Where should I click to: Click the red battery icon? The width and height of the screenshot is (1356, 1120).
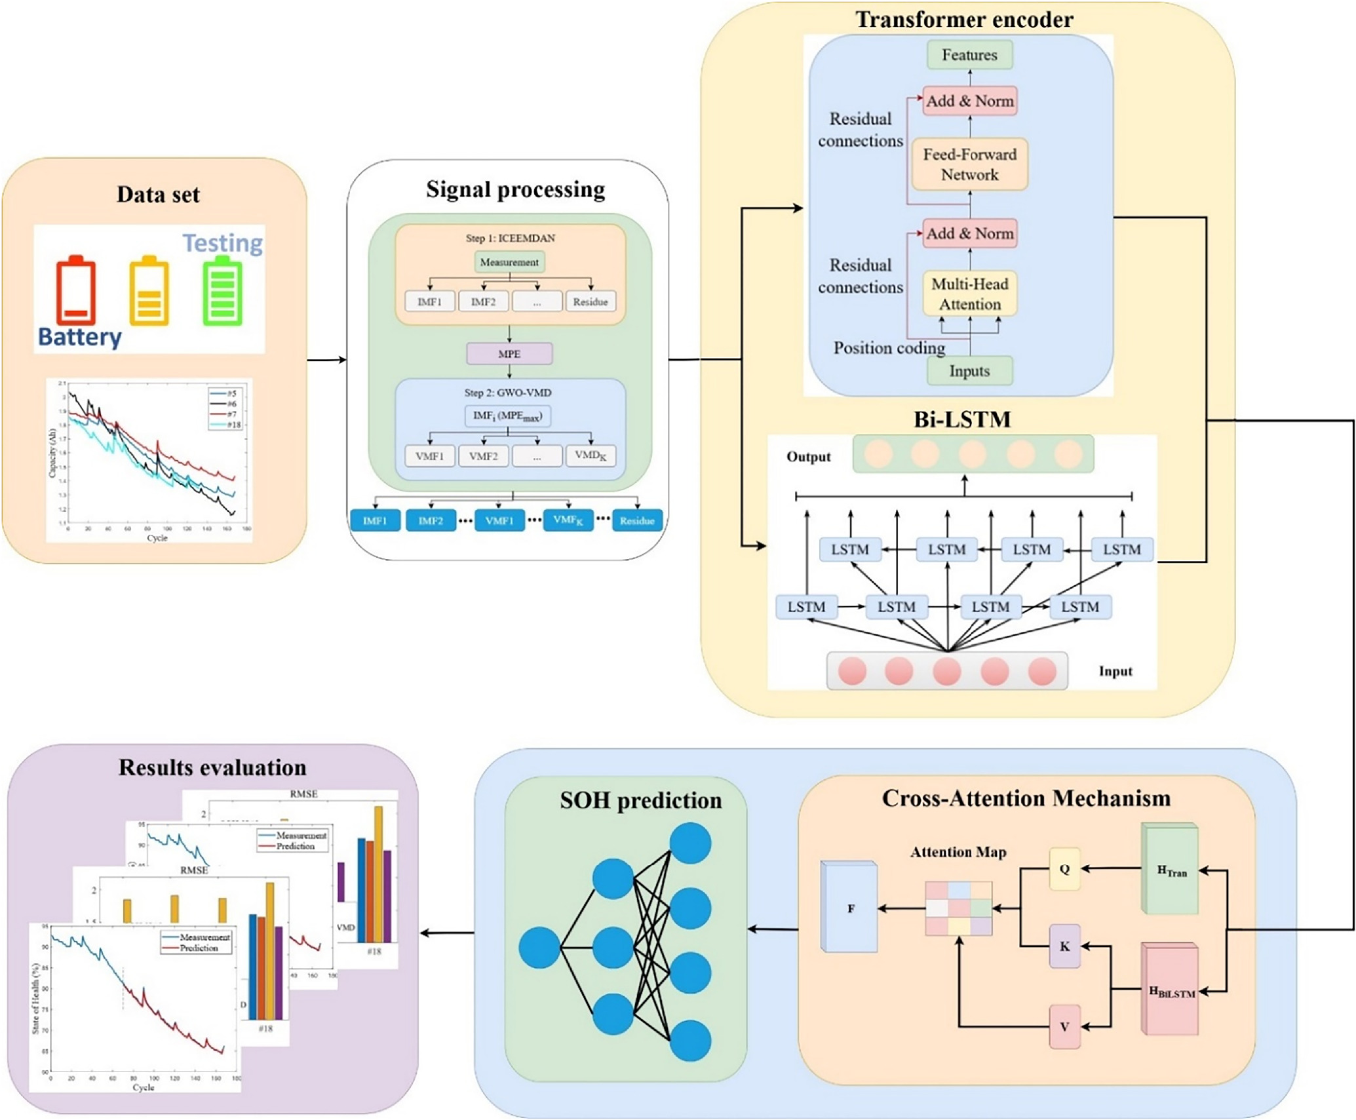[75, 291]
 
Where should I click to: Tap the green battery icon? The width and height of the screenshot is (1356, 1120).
[222, 291]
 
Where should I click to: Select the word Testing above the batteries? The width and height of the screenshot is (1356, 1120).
[222, 243]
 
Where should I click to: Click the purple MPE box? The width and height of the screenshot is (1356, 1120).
[509, 354]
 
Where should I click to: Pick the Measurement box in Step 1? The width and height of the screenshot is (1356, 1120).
[509, 262]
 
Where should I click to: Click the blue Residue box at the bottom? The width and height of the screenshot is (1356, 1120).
[637, 521]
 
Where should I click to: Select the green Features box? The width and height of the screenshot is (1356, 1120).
[969, 55]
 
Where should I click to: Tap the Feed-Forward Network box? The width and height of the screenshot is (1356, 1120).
[969, 164]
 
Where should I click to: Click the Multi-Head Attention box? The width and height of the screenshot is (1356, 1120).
[969, 294]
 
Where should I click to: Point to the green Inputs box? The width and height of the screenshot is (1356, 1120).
[969, 371]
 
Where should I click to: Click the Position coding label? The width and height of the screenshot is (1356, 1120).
[889, 348]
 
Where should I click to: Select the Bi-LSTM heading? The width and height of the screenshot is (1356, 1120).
[962, 419]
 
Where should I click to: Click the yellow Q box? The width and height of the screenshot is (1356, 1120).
[1064, 869]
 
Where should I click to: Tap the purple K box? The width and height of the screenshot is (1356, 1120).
[1064, 946]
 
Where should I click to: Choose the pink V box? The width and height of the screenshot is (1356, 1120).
[1064, 1027]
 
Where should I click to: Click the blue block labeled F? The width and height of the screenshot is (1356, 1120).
[850, 908]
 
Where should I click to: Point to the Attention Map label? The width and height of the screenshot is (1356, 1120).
[958, 852]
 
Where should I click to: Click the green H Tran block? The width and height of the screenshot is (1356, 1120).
[1171, 870]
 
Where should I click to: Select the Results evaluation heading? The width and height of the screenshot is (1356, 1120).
[212, 767]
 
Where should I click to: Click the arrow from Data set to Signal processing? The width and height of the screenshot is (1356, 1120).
[326, 360]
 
